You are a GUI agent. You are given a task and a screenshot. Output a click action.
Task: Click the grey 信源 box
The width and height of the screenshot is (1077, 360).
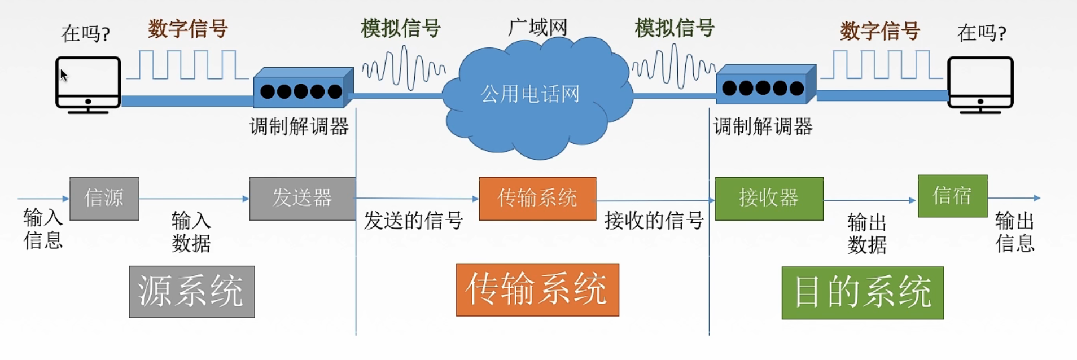pyautogui.click(x=104, y=199)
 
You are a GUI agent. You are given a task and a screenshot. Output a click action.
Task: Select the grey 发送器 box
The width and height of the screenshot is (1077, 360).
pyautogui.click(x=303, y=199)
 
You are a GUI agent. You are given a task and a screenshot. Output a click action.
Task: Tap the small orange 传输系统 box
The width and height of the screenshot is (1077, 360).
pyautogui.click(x=537, y=199)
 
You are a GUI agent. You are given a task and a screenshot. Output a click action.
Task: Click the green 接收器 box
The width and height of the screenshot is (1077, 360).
pyautogui.click(x=769, y=199)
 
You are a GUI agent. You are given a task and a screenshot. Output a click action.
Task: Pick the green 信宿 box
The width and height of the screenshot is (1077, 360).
pyautogui.click(x=953, y=196)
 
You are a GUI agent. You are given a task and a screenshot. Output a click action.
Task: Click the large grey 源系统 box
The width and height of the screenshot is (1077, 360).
pyautogui.click(x=192, y=292)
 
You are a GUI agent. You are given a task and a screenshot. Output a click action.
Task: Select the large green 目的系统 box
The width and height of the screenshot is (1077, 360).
pyautogui.click(x=863, y=293)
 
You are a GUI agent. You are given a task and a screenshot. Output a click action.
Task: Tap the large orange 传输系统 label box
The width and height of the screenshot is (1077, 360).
pyautogui.click(x=537, y=289)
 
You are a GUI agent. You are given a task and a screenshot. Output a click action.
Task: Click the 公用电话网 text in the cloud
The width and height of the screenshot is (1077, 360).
pyautogui.click(x=530, y=94)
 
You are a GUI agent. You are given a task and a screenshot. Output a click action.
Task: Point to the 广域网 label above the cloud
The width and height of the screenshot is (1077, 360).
pyautogui.click(x=538, y=27)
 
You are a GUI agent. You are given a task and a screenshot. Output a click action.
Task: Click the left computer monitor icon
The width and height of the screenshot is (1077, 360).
pyautogui.click(x=88, y=85)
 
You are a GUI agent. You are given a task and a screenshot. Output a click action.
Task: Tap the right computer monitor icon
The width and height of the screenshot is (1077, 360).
pyautogui.click(x=980, y=85)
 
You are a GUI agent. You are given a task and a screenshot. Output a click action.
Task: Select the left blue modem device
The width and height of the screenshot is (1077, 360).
pyautogui.click(x=303, y=88)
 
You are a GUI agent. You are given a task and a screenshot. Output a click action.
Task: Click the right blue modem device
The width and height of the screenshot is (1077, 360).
pyautogui.click(x=766, y=85)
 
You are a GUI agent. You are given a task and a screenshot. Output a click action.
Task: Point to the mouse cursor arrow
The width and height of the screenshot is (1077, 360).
pyautogui.click(x=64, y=75)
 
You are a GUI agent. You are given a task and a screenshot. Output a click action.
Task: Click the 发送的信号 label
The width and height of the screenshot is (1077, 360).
pyautogui.click(x=414, y=221)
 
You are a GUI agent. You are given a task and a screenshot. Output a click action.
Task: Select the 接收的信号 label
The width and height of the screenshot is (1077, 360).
pyautogui.click(x=654, y=221)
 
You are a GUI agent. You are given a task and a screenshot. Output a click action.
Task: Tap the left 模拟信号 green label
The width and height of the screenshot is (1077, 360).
pyautogui.click(x=401, y=28)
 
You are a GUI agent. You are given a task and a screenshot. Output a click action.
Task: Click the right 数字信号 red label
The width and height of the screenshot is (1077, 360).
pyautogui.click(x=880, y=30)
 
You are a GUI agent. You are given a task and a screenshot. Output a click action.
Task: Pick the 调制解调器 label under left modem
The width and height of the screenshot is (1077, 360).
pyautogui.click(x=299, y=126)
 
